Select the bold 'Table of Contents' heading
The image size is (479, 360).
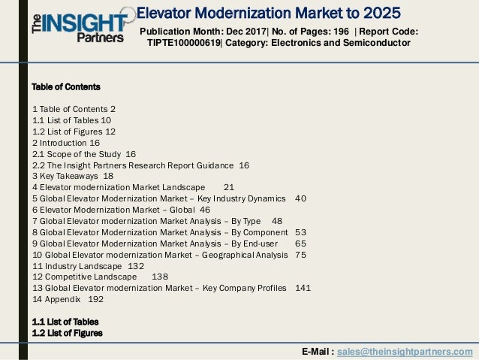pyautogui.click(x=66, y=87)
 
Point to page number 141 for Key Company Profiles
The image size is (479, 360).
pyautogui.click(x=303, y=288)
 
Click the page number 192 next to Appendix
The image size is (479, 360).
pyautogui.click(x=95, y=299)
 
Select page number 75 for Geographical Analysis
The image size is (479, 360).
pyautogui.click(x=300, y=255)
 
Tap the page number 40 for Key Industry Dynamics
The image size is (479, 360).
pyautogui.click(x=300, y=198)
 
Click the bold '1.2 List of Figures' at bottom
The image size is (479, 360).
pyautogui.click(x=67, y=333)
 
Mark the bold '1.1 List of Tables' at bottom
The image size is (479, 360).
pyautogui.click(x=65, y=322)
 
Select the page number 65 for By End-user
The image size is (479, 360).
pyautogui.click(x=300, y=244)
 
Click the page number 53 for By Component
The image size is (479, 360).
pyautogui.click(x=300, y=232)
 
